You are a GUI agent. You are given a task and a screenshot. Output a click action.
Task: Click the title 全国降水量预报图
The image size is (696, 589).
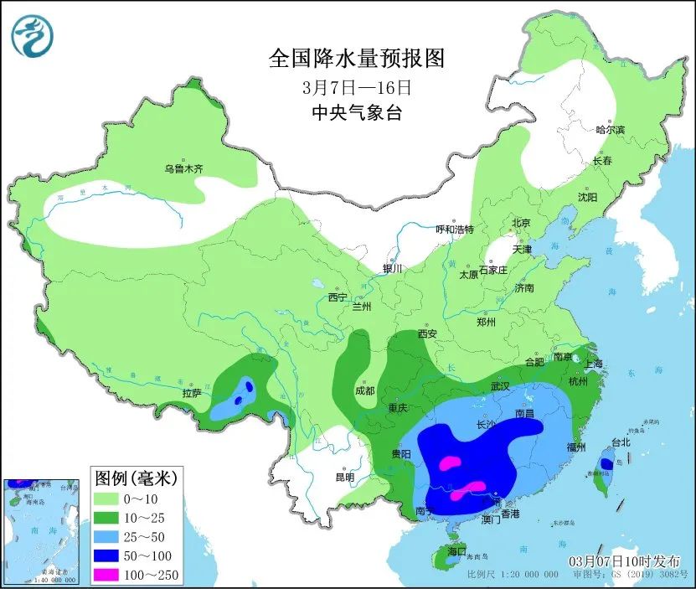tap(355, 59)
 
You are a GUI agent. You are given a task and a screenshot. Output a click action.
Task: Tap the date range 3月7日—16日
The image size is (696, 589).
tap(355, 86)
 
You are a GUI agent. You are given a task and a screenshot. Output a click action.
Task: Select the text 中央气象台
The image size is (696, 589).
tap(355, 113)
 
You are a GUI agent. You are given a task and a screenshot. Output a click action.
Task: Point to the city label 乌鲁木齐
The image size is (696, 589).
tap(183, 169)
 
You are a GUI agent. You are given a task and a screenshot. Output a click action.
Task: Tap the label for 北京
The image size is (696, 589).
tap(522, 223)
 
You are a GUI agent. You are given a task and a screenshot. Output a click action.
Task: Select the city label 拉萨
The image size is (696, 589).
tap(192, 393)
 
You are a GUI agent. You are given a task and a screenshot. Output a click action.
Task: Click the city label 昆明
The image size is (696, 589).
tap(345, 478)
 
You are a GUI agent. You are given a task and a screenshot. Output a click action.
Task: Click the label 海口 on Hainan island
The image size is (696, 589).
tap(456, 551)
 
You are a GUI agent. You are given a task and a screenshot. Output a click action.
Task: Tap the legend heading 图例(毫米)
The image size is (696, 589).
tap(133, 479)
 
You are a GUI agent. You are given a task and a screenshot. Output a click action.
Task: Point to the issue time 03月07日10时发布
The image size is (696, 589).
tap(625, 561)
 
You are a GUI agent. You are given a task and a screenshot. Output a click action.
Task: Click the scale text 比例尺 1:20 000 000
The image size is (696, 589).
tap(513, 575)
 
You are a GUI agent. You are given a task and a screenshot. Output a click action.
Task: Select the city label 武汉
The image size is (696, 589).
tap(500, 387)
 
